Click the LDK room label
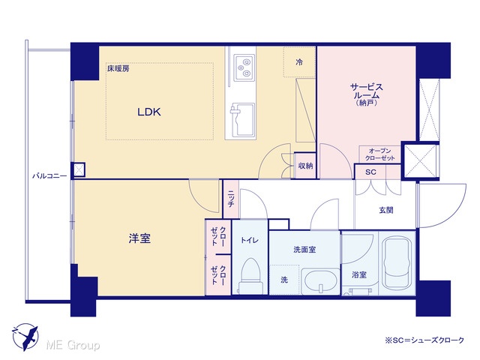(149, 112)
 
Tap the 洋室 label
(139, 238)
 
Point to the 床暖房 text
(118, 68)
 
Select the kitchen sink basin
(243, 119)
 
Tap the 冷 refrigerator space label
(299, 62)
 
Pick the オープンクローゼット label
(380, 154)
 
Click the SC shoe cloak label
(370, 172)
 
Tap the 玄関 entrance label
(386, 210)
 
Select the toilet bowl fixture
(250, 275)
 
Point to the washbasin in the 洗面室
(320, 280)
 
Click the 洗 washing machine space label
(284, 280)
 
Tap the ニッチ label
(231, 199)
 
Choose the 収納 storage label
(305, 166)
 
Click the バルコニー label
(49, 176)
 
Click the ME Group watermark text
(73, 345)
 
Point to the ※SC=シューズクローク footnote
(424, 340)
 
